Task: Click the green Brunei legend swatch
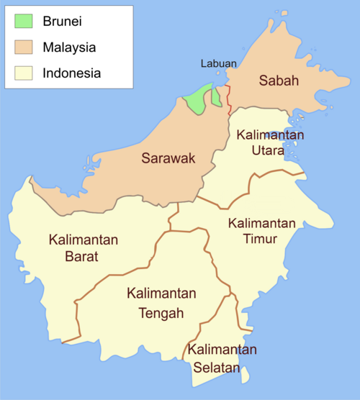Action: point(24,22)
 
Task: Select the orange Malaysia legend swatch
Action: point(24,47)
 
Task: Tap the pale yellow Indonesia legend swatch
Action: point(24,73)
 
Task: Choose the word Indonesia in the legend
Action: point(71,73)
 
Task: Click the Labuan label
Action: point(219,63)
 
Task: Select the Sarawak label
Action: point(167,158)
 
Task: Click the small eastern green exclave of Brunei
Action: point(216,98)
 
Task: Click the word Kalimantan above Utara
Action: point(269,135)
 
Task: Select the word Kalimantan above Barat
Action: point(84,239)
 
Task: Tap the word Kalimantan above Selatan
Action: point(222,350)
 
